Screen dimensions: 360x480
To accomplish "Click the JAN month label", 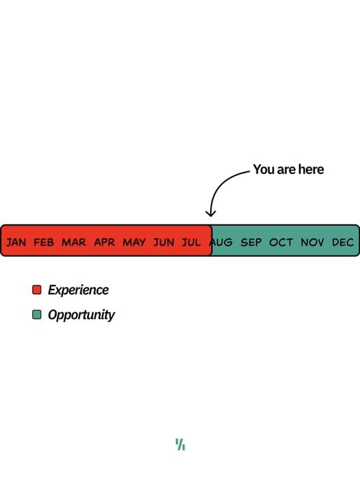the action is point(16,242).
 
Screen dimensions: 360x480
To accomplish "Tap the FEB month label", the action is point(44,242).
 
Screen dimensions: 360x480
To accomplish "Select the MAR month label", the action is point(74,242).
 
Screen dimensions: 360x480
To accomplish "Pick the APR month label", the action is point(104,242).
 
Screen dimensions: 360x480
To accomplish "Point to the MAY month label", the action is point(134,242).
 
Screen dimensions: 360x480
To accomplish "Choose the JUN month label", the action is point(164,242).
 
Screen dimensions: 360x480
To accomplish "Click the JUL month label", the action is point(192,242).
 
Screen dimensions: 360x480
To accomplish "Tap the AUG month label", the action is point(221,242).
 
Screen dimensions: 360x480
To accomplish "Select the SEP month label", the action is point(251,242).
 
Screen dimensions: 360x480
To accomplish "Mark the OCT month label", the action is point(281,242).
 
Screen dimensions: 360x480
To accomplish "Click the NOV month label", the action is point(312,242).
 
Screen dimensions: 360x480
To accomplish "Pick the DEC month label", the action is point(343,242).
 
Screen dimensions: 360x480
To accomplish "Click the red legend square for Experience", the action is point(37,290).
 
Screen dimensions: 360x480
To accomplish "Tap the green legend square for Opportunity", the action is point(37,314).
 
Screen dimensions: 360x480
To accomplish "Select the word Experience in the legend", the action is point(78,290).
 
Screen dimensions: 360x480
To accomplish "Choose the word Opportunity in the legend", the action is point(81,315).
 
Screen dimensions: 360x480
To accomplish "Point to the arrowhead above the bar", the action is point(210,214).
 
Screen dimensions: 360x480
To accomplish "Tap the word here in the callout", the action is point(311,169).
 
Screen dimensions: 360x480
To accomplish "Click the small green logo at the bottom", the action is point(180,444).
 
